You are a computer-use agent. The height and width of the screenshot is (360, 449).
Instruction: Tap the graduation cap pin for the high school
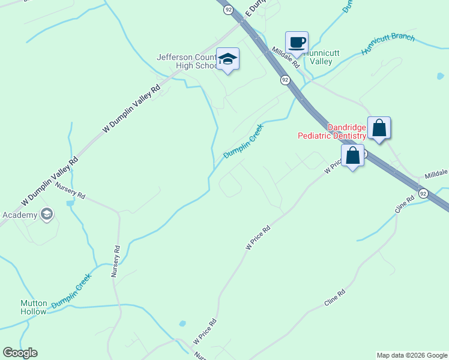[228, 59]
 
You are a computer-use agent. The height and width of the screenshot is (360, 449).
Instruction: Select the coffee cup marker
[297, 43]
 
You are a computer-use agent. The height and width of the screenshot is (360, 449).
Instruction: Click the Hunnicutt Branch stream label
[388, 45]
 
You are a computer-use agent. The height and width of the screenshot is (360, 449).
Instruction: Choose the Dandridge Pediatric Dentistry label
[332, 131]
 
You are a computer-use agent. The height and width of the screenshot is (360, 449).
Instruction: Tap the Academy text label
[20, 215]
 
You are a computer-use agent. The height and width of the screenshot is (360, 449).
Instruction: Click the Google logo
[20, 353]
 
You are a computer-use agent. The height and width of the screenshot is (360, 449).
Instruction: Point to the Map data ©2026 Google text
[412, 355]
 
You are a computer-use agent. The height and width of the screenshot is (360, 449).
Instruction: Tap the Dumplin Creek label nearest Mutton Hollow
[71, 292]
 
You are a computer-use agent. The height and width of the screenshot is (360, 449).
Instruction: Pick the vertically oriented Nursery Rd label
[116, 261]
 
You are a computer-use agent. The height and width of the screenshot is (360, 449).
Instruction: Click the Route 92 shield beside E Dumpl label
[228, 10]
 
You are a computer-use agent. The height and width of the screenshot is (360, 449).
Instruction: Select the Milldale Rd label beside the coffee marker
[286, 58]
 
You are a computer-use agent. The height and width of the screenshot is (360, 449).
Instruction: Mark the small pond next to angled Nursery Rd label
[70, 203]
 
